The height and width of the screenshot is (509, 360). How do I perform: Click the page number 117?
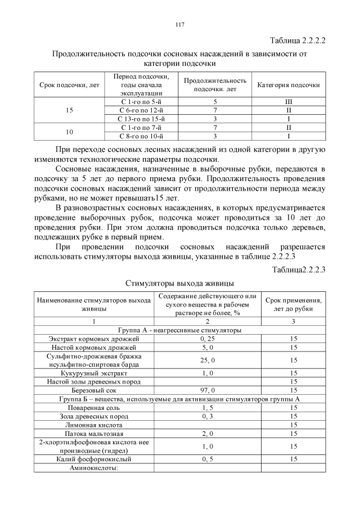(180, 25)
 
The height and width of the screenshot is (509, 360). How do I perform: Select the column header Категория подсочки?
(288, 85)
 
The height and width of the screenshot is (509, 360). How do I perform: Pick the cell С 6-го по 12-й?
(142, 110)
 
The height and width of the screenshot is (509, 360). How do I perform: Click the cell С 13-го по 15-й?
(142, 119)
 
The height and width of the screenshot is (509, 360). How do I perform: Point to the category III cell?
(288, 102)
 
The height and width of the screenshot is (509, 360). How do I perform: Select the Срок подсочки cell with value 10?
(69, 132)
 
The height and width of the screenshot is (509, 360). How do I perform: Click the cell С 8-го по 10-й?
(142, 136)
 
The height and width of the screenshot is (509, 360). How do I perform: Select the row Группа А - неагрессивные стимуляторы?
(179, 330)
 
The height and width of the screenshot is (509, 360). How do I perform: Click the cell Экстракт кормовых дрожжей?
(93, 339)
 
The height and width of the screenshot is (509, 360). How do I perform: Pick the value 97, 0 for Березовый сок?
(207, 390)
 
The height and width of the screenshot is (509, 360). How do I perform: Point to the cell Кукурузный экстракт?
(93, 373)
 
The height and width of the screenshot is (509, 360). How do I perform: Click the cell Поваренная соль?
(93, 407)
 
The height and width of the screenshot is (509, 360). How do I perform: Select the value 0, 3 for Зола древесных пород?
(207, 416)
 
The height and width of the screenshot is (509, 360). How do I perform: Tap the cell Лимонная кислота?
(93, 425)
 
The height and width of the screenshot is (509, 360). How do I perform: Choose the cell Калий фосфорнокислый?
(93, 459)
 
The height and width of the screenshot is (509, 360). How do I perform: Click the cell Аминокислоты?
(93, 468)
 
